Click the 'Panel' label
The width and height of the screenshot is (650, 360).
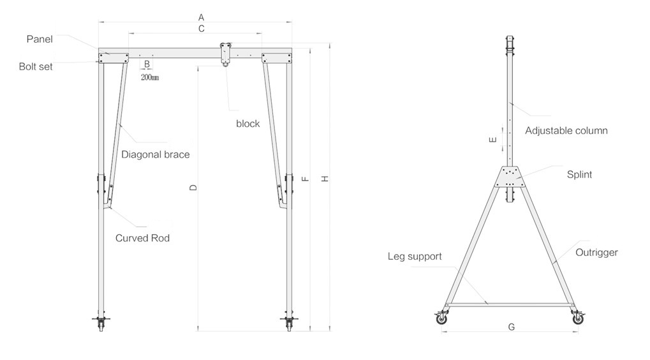click(x=40, y=40)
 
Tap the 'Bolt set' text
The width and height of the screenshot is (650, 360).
click(x=36, y=66)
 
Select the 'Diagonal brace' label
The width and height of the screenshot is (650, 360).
click(x=156, y=154)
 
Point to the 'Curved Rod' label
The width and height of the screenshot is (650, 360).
click(x=142, y=238)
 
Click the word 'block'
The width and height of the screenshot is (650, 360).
click(x=248, y=124)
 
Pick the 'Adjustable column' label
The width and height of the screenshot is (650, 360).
click(x=566, y=131)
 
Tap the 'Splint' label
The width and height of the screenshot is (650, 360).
click(x=579, y=174)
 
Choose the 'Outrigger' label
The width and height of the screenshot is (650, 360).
click(x=596, y=253)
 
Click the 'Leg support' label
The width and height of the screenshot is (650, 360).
click(x=415, y=257)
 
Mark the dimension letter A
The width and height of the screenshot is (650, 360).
click(x=201, y=16)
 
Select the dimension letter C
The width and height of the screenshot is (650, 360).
click(x=201, y=29)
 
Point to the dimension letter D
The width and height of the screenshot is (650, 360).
click(x=194, y=188)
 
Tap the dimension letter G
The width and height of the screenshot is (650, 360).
click(x=511, y=327)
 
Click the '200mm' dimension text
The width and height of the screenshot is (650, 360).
click(x=149, y=77)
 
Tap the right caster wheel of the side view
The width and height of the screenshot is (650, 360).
click(x=578, y=318)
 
